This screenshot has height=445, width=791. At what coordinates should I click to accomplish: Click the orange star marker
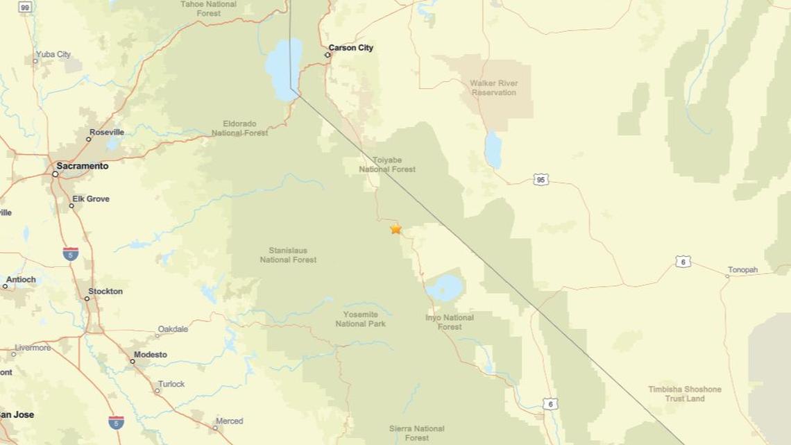395,228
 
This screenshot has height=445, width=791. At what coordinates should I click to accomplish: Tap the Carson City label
350,48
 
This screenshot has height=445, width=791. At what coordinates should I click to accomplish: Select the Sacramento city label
82,166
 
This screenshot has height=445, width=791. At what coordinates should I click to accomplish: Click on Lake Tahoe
284,68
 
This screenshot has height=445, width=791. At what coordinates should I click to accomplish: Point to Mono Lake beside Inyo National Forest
444,287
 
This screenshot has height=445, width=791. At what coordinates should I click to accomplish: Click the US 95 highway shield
541,180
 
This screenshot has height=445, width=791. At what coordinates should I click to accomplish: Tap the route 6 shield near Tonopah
683,262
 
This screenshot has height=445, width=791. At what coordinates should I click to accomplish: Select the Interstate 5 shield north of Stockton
70,253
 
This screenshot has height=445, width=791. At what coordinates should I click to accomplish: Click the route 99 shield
25,7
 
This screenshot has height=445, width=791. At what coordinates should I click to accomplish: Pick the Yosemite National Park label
361,319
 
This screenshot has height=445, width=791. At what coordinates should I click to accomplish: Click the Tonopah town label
742,270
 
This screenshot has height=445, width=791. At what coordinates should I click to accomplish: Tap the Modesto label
150,355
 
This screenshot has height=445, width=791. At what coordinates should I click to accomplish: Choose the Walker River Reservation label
493,87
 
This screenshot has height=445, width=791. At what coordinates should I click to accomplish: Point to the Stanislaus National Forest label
288,255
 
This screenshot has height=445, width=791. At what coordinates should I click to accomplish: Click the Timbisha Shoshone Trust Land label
685,394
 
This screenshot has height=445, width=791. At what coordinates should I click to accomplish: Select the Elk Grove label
91,199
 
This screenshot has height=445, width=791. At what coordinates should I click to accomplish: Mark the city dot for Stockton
87,299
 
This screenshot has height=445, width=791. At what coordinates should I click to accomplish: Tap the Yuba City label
53,54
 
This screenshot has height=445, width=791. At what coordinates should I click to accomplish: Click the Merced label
229,421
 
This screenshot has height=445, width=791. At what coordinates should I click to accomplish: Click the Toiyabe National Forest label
387,165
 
